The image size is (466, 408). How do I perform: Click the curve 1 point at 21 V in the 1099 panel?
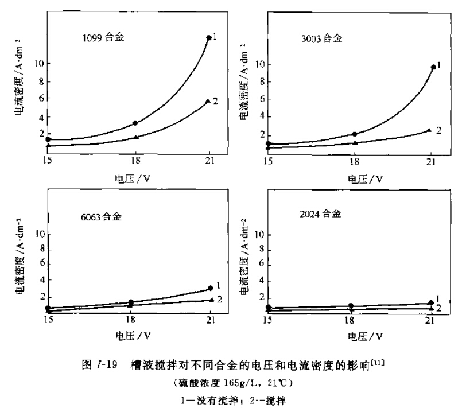pyautogui.click(x=208, y=38)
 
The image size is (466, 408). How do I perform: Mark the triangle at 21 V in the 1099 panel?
pyautogui.click(x=208, y=102)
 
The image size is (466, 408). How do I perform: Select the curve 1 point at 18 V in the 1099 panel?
pyautogui.click(x=135, y=123)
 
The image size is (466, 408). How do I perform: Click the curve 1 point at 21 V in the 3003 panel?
pyautogui.click(x=433, y=67)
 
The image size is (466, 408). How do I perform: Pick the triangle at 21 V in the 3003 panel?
pyautogui.click(x=429, y=130)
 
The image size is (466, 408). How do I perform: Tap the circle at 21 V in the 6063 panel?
pyautogui.click(x=210, y=288)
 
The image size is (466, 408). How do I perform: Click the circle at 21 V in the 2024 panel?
pyautogui.click(x=430, y=302)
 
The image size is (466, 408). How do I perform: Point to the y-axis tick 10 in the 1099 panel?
pyautogui.click(x=39, y=63)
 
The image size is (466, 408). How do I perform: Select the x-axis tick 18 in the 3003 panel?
pyautogui.click(x=354, y=162)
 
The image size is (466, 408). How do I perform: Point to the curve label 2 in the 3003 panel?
pyautogui.click(x=438, y=130)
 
